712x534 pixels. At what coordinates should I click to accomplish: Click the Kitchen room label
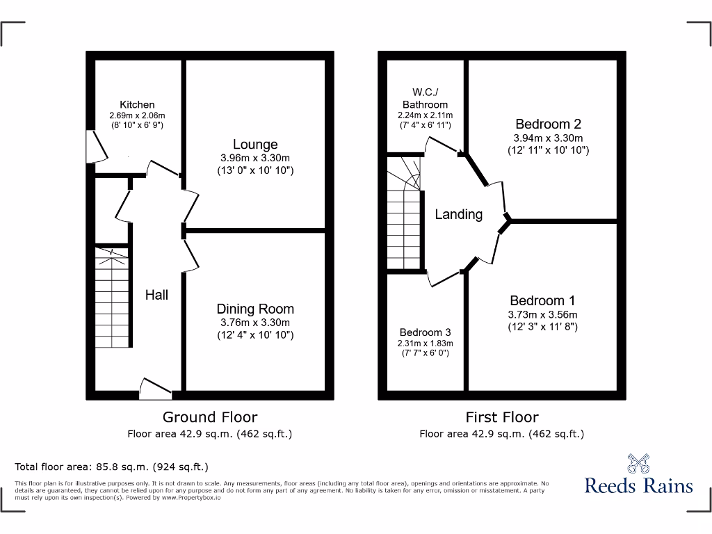click(137, 105)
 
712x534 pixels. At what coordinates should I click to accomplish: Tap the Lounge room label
click(255, 145)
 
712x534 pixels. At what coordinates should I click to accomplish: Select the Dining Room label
click(255, 309)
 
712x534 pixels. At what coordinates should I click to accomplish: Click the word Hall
click(156, 295)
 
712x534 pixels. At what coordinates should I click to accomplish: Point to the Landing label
click(458, 214)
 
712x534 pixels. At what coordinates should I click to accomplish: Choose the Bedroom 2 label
click(548, 124)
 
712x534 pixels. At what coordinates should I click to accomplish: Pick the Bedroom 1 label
click(542, 300)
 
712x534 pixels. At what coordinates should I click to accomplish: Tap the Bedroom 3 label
click(425, 332)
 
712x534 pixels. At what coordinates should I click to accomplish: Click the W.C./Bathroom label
click(425, 98)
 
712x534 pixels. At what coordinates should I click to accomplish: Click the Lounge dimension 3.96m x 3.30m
click(255, 158)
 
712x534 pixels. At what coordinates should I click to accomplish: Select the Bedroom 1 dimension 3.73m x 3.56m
click(542, 314)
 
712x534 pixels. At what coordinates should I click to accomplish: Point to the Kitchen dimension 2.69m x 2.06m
click(137, 115)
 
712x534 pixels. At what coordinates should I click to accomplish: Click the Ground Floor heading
click(209, 417)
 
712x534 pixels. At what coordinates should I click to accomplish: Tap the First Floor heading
click(501, 417)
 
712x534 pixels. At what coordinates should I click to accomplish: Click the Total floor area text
click(111, 467)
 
